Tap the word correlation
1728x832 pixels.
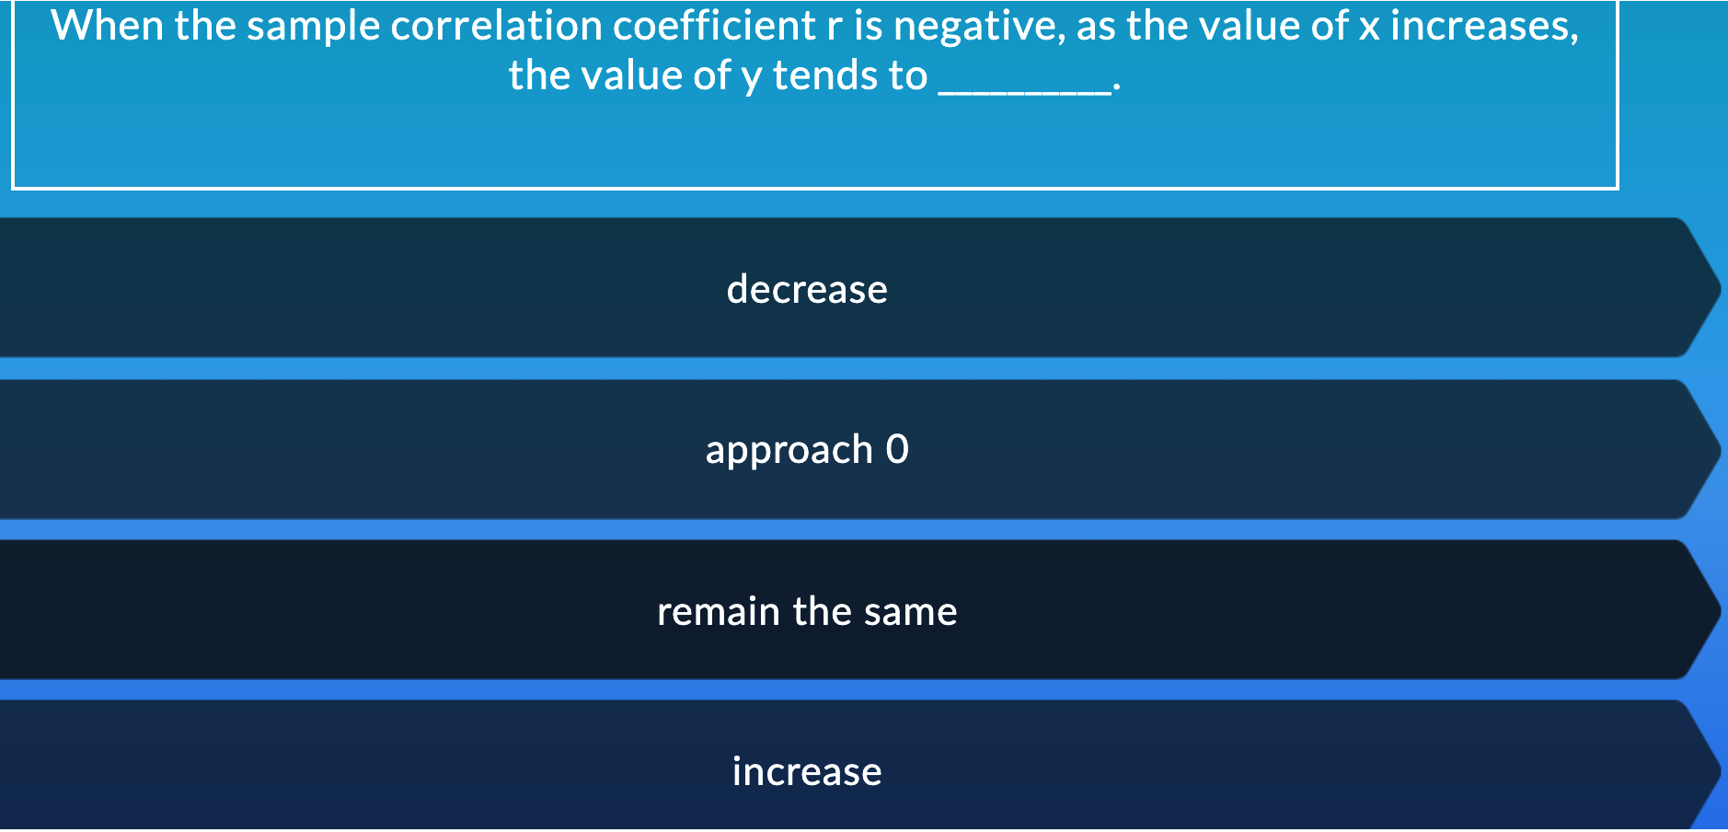tap(496, 25)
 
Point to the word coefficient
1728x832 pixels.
tap(714, 25)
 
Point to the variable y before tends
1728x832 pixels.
tap(752, 80)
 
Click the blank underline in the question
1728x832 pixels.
tap(1022, 92)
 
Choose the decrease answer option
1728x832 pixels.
tap(807, 289)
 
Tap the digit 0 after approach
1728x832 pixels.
tap(897, 449)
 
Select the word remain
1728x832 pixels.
tap(718, 611)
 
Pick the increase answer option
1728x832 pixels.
tap(807, 771)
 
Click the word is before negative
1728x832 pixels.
tap(869, 25)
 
